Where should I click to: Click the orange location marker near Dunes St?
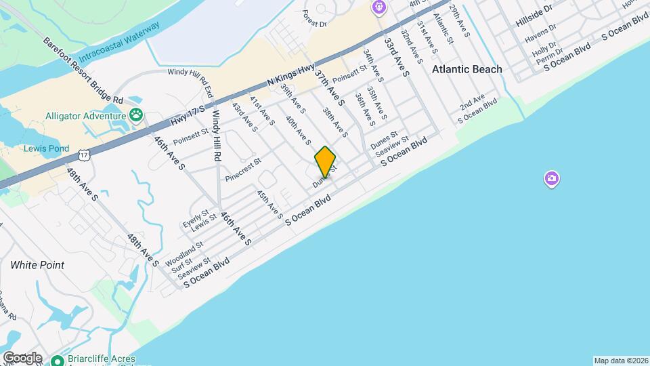click(x=325, y=161)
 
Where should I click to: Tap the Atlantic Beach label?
click(x=468, y=69)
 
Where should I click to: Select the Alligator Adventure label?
click(x=85, y=116)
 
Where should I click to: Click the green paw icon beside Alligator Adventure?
click(x=136, y=115)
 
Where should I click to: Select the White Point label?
click(x=37, y=265)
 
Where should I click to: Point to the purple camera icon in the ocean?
click(x=552, y=179)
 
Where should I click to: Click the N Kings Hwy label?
click(x=291, y=73)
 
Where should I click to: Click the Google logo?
click(x=22, y=357)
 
